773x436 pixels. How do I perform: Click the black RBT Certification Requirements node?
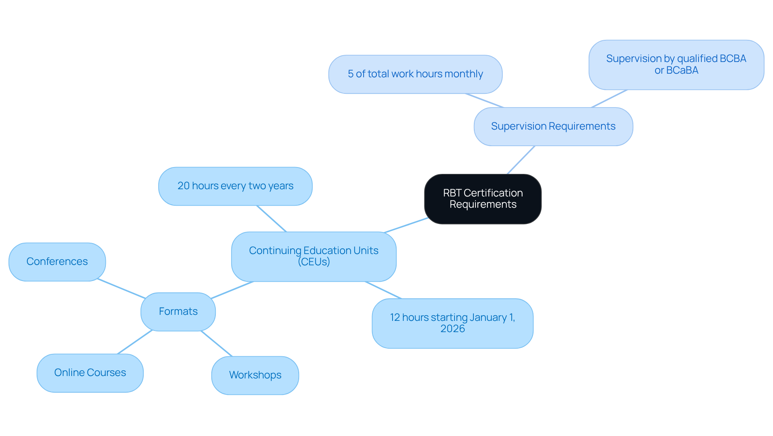482,199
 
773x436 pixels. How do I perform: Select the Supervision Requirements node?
553,126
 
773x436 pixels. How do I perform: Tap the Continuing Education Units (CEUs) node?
314,256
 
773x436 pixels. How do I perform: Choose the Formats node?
178,312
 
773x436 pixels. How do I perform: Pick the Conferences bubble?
57,262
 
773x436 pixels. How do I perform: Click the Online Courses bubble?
90,373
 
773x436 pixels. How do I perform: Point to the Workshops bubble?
255,375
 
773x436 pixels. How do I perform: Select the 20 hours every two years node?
235,186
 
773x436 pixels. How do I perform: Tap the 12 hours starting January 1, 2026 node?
452,323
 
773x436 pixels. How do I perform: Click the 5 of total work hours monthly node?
415,74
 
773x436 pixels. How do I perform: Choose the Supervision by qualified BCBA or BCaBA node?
676,64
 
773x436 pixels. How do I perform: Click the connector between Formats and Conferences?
121,288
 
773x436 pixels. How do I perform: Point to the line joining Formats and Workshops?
217,343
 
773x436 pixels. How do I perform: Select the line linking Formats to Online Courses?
134,342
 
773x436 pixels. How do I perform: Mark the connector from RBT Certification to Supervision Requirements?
521,160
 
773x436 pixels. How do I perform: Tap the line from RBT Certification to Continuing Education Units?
406,225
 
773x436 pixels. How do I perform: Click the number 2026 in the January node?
453,329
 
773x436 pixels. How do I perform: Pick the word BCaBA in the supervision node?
682,70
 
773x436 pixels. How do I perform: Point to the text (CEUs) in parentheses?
314,262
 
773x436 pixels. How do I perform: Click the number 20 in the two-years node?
183,186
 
